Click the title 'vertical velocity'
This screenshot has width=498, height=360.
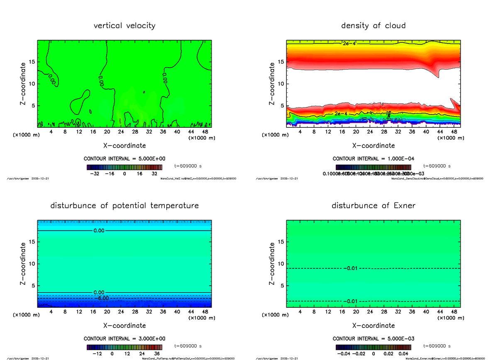[124, 26]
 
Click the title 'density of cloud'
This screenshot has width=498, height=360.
[373, 26]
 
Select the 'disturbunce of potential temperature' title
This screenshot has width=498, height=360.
[124, 206]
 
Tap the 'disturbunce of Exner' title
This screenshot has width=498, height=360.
[373, 206]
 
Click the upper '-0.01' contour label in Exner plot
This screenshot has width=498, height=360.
[351, 268]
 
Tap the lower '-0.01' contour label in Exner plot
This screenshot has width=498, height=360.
[351, 301]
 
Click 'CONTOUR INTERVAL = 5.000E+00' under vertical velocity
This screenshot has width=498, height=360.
[124, 159]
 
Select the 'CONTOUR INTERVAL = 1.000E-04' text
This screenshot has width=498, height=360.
[373, 159]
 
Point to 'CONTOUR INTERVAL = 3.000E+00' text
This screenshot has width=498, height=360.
[124, 338]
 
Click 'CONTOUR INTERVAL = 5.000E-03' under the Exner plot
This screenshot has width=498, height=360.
[373, 338]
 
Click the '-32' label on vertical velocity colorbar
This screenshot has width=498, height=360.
[97, 174]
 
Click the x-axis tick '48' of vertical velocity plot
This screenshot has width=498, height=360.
[205, 132]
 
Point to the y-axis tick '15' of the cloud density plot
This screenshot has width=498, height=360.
[281, 62]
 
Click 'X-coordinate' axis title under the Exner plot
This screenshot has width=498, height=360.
[373, 326]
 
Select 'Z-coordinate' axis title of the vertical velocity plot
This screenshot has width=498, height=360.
[24, 84]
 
